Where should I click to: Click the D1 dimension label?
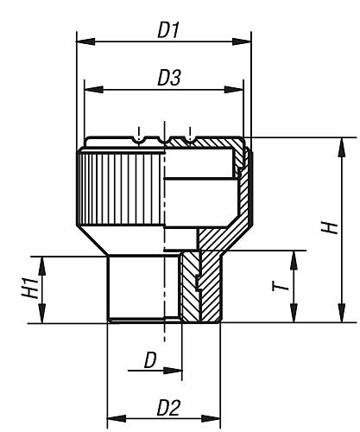(x=167, y=29)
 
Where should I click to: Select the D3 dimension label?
(x=168, y=79)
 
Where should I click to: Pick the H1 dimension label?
(x=28, y=289)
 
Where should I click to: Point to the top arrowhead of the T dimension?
(x=294, y=257)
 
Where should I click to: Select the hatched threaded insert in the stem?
(x=190, y=285)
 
